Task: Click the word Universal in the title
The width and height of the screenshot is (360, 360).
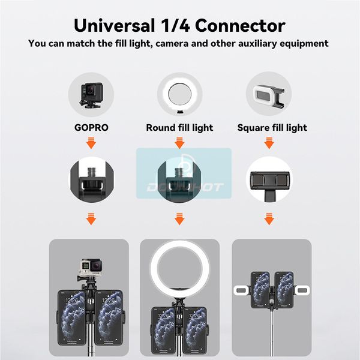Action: [x=115, y=25]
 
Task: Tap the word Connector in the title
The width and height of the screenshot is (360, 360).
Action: [x=240, y=25]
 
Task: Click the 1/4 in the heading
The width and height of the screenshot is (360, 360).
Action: [x=175, y=25]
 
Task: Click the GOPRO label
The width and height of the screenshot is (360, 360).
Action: [x=91, y=128]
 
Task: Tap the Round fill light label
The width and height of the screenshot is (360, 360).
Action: [x=179, y=128]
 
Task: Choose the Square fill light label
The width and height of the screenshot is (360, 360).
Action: [x=272, y=128]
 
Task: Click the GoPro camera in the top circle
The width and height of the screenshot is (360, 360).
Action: [x=91, y=95]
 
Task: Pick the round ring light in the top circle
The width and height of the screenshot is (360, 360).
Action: [x=180, y=93]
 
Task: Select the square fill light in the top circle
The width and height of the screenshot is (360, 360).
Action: [x=269, y=95]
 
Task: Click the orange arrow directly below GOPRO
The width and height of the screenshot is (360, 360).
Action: [x=91, y=143]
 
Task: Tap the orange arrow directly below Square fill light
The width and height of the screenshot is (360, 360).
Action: [x=269, y=143]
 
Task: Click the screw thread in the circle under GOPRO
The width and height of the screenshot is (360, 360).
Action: [x=92, y=174]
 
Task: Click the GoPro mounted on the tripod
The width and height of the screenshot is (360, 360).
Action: [x=91, y=268]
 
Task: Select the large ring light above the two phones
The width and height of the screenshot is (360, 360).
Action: [x=179, y=268]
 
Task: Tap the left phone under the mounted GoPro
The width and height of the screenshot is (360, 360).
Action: [x=71, y=317]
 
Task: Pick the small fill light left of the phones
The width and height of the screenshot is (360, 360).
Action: [x=241, y=290]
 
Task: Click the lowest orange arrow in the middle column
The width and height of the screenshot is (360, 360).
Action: [x=179, y=219]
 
